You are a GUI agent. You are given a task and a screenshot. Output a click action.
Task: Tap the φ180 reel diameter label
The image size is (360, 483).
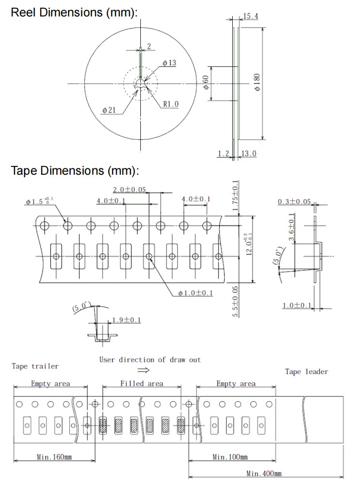click(256, 82)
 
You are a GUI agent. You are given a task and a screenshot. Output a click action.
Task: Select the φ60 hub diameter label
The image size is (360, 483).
click(206, 83)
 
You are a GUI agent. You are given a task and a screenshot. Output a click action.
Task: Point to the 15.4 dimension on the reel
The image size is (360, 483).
click(250, 16)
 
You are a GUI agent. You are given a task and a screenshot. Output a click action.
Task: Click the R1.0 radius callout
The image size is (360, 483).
click(171, 104)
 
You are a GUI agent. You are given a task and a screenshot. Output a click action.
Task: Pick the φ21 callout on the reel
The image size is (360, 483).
click(109, 110)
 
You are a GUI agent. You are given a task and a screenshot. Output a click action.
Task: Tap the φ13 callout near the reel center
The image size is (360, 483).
click(169, 63)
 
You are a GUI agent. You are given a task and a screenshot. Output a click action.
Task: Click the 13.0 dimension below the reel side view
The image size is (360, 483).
click(249, 153)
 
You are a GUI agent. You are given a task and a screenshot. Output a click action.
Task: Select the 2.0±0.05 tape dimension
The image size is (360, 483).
click(129, 189)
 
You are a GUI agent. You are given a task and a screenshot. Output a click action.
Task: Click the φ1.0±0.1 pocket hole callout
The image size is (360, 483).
click(195, 293)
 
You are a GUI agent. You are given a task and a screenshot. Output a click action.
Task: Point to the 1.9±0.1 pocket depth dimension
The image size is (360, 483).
click(126, 320)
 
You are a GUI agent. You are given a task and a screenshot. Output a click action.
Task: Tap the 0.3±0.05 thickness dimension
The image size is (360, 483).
click(294, 202)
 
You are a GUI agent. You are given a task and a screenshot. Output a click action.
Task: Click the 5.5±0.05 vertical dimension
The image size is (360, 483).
click(236, 301)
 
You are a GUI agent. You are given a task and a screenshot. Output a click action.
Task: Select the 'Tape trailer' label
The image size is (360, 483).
click(35, 366)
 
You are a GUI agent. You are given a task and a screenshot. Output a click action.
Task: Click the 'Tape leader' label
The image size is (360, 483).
click(306, 372)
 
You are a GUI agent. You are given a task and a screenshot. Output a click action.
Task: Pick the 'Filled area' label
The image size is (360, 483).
click(141, 384)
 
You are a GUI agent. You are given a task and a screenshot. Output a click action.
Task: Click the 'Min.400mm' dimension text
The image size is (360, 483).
click(264, 473)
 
